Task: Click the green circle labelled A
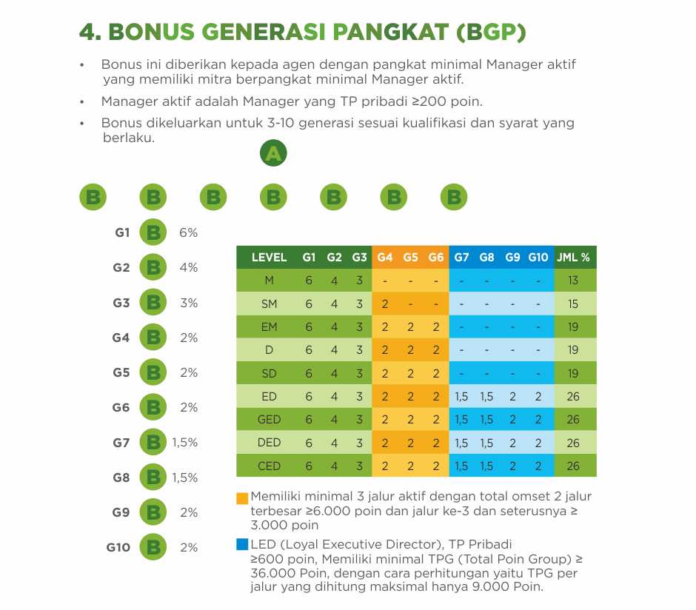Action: tap(273, 153)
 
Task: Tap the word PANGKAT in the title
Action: tap(390, 32)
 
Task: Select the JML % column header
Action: tap(573, 258)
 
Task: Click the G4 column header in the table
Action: tap(384, 258)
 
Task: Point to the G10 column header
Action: tap(538, 258)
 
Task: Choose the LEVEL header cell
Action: tap(269, 258)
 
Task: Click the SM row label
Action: tap(269, 304)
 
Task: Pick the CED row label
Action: tap(269, 466)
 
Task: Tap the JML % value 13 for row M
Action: tap(573, 281)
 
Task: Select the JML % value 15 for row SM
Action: tap(573, 304)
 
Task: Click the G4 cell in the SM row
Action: tap(385, 304)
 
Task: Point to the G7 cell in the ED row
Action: tap(461, 397)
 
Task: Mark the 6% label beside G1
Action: tap(188, 232)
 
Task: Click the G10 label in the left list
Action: tap(118, 548)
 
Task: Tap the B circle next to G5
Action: tap(153, 372)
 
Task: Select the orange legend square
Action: tap(242, 498)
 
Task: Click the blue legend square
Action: tap(242, 544)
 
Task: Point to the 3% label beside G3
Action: tap(189, 303)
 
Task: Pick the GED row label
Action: tap(269, 420)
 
